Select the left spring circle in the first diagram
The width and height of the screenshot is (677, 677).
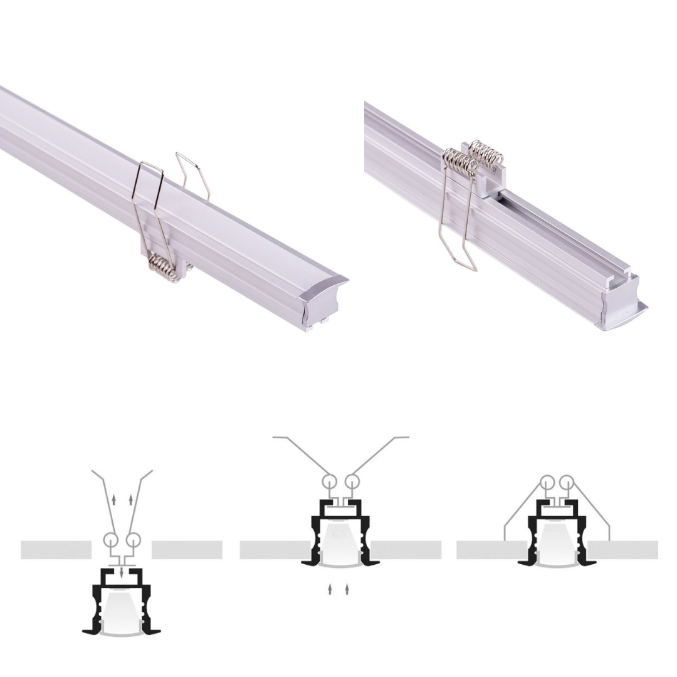pyautogui.click(x=110, y=540)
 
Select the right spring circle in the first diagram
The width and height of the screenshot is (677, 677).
pyautogui.click(x=133, y=540)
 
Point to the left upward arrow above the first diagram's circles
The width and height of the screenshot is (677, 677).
pyautogui.click(x=113, y=500)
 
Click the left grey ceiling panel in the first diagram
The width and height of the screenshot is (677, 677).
pyautogui.click(x=56, y=550)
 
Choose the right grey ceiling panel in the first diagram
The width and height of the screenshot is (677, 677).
pyautogui.click(x=187, y=550)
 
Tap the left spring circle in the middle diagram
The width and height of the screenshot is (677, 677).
pyautogui.click(x=330, y=482)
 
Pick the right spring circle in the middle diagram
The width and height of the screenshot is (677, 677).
pyautogui.click(x=352, y=482)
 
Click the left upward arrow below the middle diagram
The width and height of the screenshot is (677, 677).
pyautogui.click(x=330, y=590)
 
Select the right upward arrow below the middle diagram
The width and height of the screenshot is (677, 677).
pyautogui.click(x=347, y=590)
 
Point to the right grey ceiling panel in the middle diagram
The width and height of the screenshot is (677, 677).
pyautogui.click(x=407, y=550)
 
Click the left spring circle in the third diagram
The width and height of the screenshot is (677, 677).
pyautogui.click(x=547, y=483)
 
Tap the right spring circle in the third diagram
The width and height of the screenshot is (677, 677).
pyautogui.click(x=567, y=483)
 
